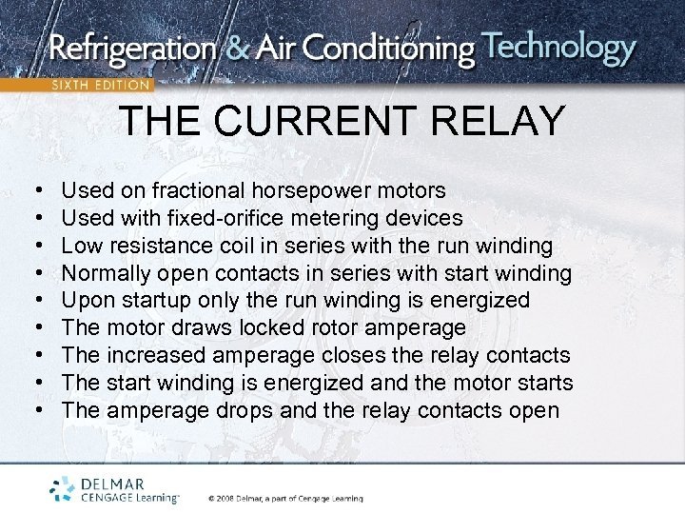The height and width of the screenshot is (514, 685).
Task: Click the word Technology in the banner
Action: [x=558, y=47]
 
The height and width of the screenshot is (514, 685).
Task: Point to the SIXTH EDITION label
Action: [x=100, y=85]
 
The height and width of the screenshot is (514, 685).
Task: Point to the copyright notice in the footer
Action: [x=284, y=498]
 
